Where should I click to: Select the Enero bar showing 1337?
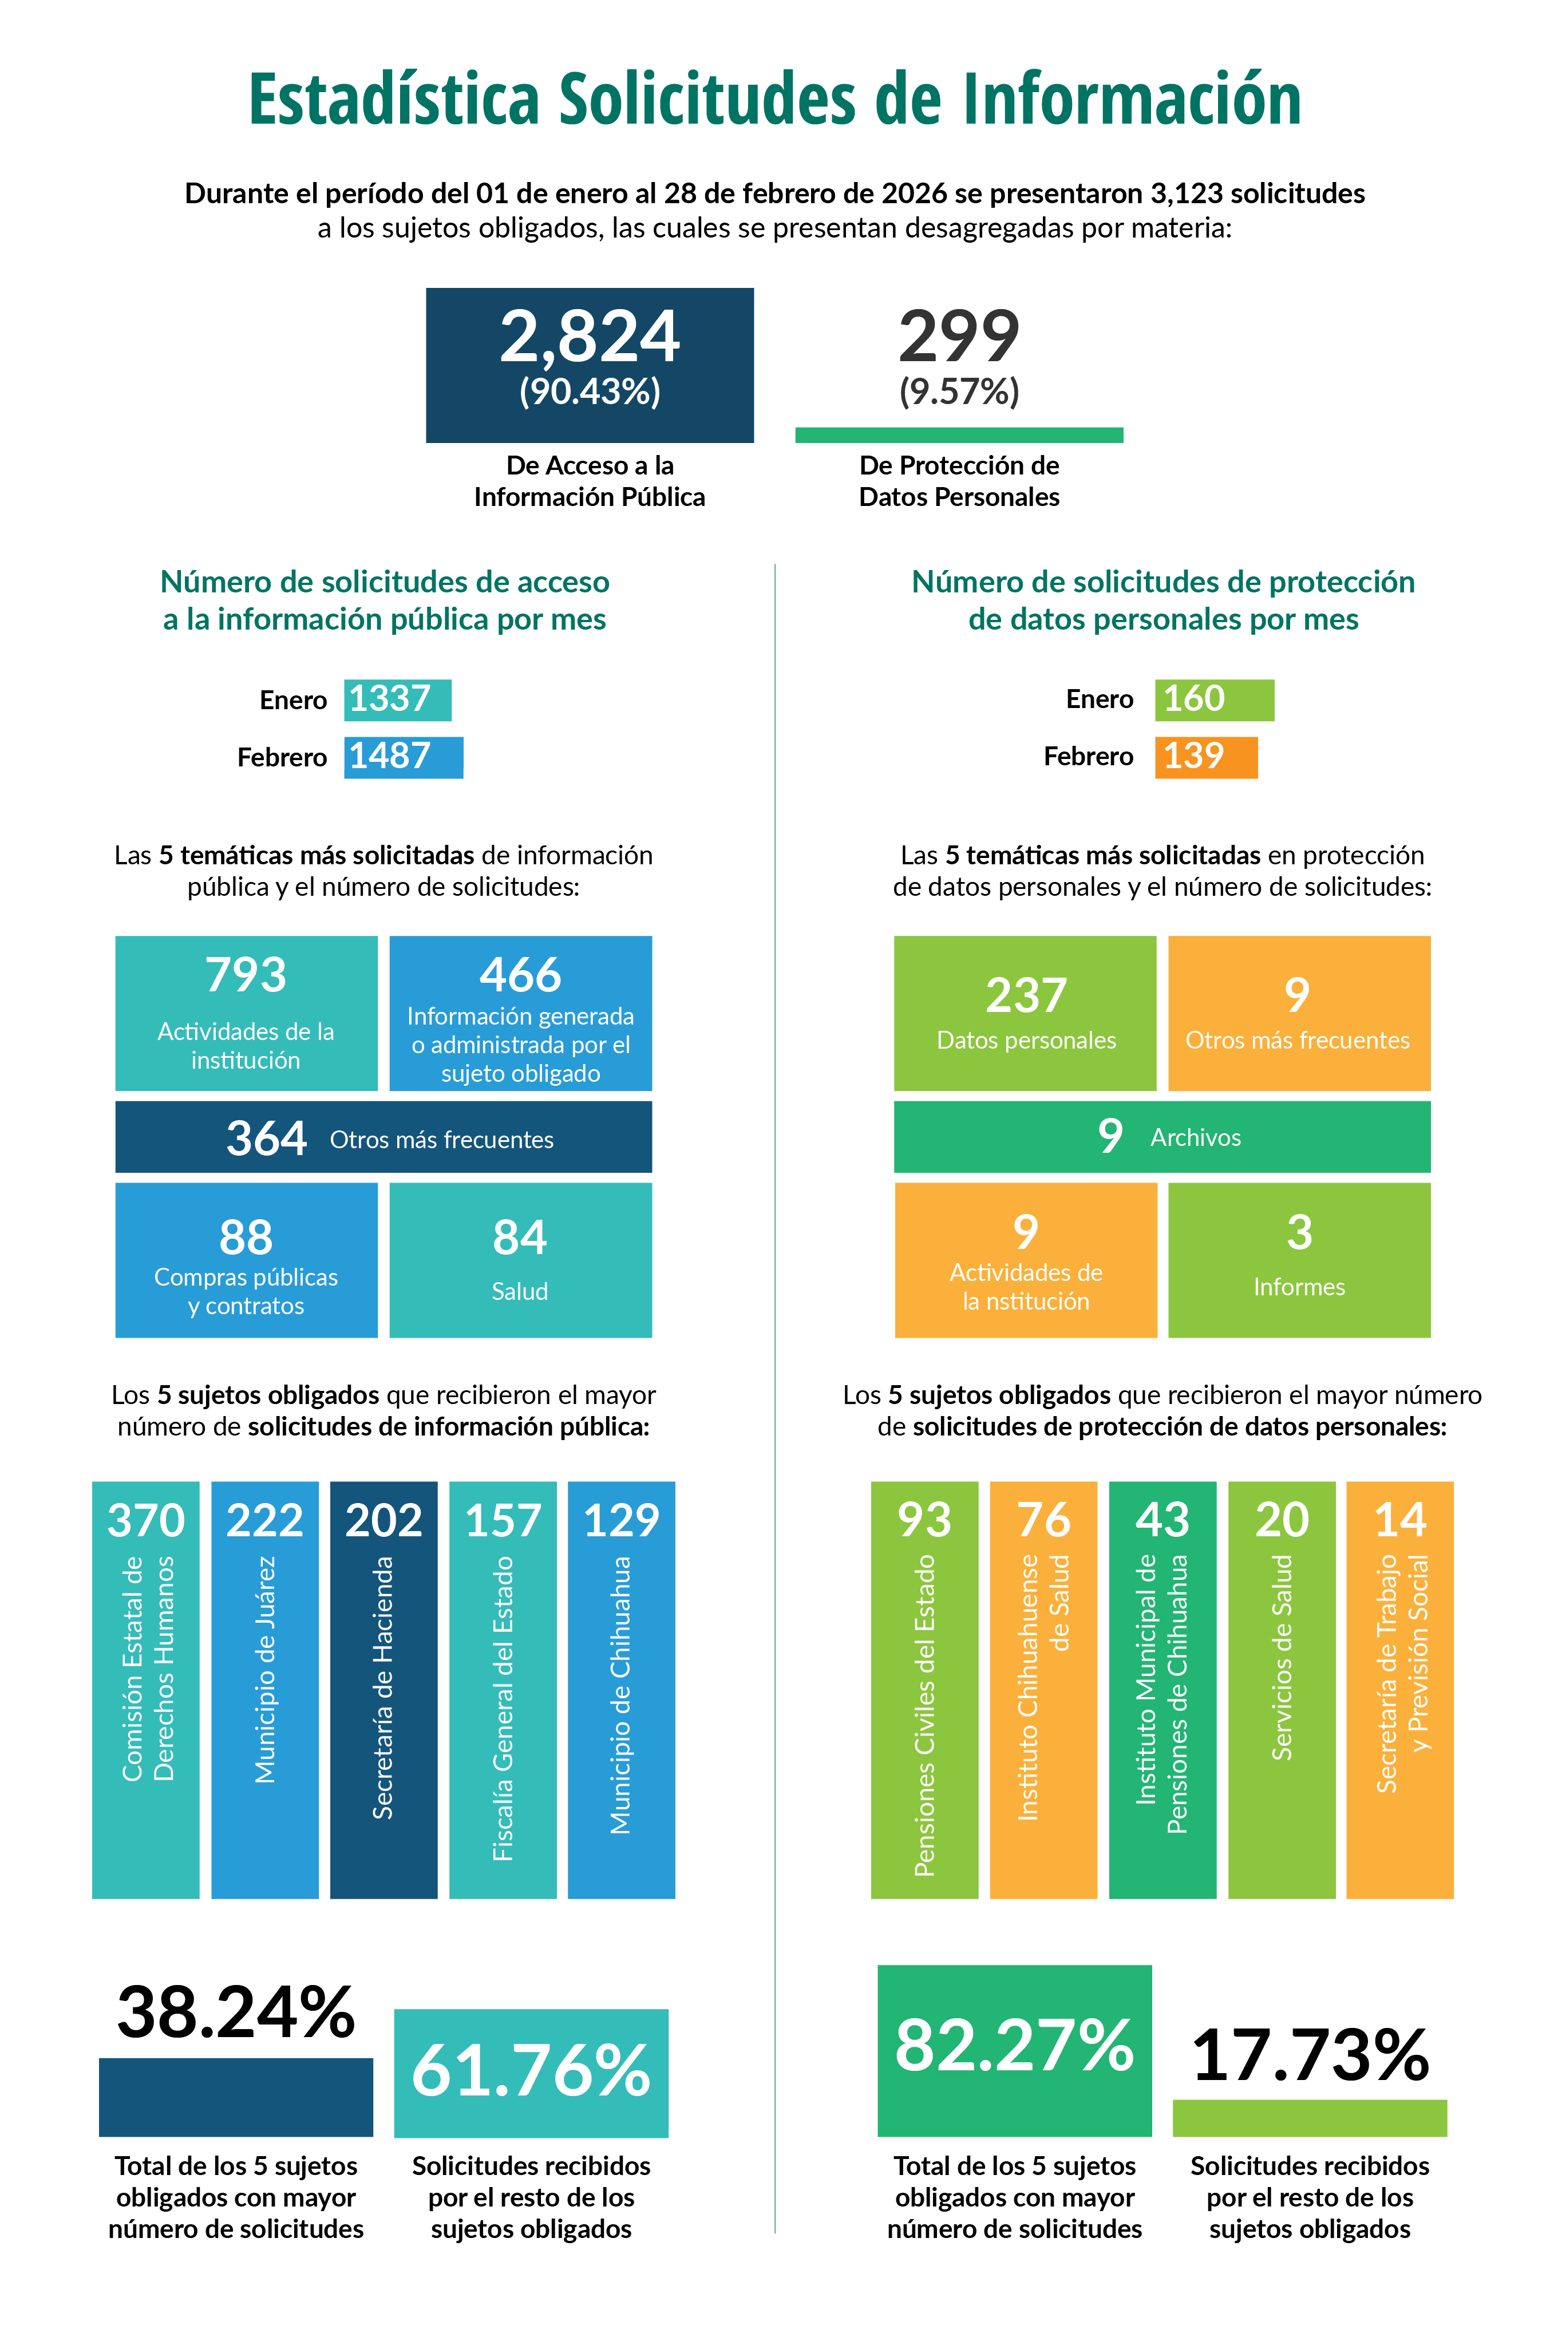pos(397,700)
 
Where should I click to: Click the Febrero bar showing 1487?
pos(404,757)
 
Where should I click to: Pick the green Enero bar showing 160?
pos(1214,700)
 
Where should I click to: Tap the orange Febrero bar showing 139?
pos(1206,757)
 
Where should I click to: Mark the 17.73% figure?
pos(1310,2056)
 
